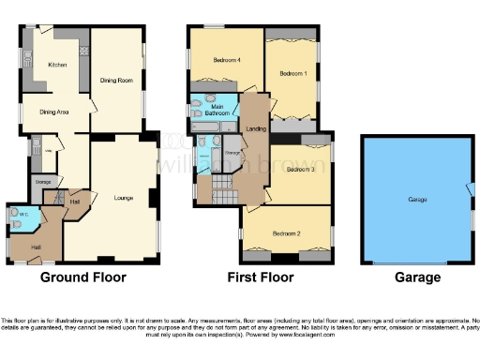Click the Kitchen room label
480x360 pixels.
(56, 65)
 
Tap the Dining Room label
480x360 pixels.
(116, 81)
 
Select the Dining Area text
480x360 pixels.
(54, 112)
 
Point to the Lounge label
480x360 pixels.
(123, 198)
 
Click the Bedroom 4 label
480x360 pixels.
(227, 60)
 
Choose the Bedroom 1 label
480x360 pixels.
(293, 72)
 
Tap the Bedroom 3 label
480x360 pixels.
(301, 170)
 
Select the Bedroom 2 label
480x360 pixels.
(287, 232)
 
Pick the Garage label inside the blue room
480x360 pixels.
(417, 200)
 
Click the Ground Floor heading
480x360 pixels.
(82, 277)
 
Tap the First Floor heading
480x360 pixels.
(261, 277)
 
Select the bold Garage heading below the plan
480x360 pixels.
(417, 277)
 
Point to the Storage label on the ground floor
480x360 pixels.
(43, 182)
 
